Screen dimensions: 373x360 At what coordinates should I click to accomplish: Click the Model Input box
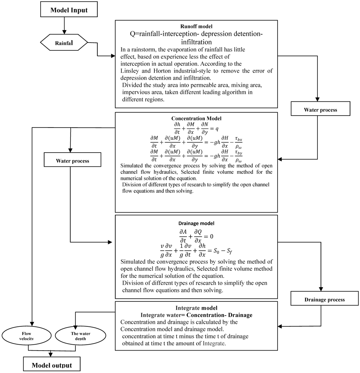[x=69, y=10]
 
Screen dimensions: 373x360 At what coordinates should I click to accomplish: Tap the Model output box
[x=51, y=364]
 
